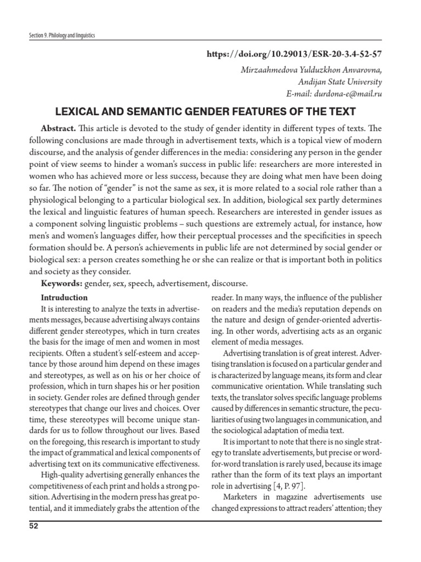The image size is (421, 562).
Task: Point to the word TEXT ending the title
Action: tap(342, 111)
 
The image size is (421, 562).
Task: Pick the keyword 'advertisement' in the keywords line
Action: tap(177, 283)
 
